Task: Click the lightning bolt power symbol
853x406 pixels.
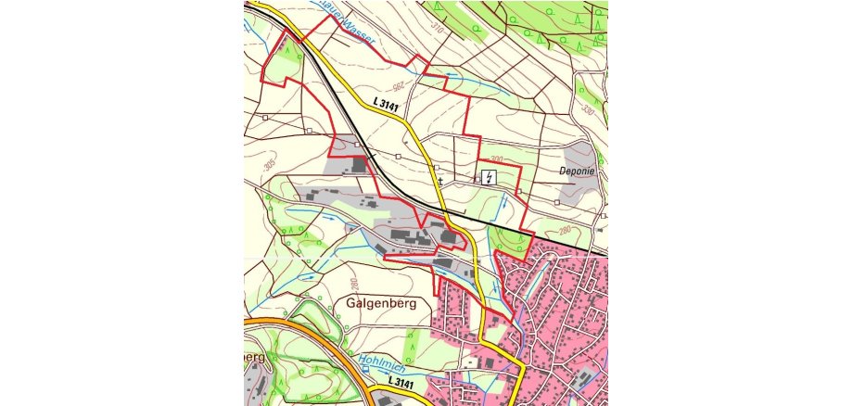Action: click(x=489, y=176)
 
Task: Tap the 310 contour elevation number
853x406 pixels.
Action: click(x=438, y=31)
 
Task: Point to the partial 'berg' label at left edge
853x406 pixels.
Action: click(x=255, y=357)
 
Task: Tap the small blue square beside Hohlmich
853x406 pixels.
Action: click(x=365, y=368)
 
